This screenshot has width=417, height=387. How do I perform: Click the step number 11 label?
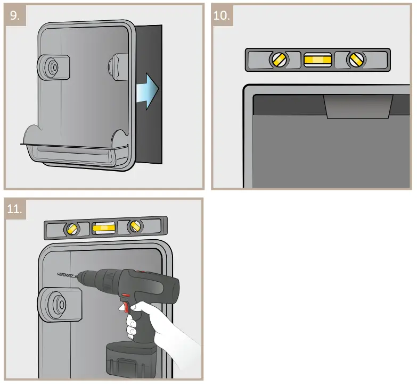(15, 209)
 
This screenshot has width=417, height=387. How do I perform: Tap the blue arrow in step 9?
(148, 90)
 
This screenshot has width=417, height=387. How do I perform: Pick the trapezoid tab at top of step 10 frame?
(358, 106)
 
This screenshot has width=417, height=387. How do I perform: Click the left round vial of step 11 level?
(71, 229)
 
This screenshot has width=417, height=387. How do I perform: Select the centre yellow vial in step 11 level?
(104, 229)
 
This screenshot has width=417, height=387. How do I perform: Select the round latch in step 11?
(53, 306)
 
